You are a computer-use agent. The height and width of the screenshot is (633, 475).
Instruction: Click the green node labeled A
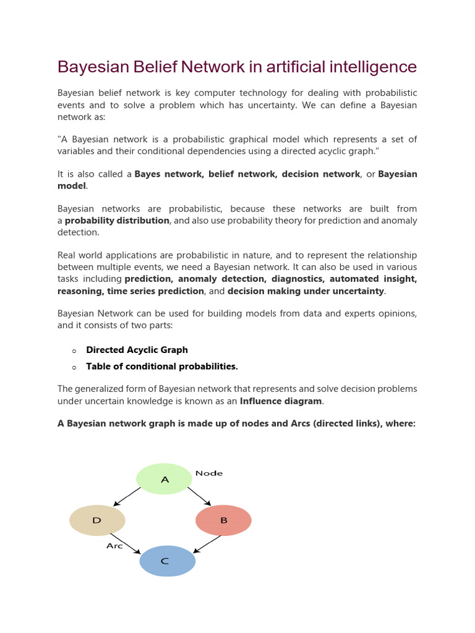click(x=164, y=479)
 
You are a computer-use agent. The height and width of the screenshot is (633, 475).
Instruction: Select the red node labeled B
click(x=223, y=520)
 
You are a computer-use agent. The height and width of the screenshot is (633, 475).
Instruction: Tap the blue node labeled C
click(x=167, y=561)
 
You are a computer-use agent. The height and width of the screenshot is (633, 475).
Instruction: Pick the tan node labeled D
click(x=97, y=520)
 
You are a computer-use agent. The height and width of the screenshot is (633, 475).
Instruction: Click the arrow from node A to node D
click(x=127, y=496)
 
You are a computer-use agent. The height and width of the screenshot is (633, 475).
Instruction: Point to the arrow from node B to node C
click(x=207, y=544)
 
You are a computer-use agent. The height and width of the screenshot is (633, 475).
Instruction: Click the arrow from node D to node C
click(x=126, y=543)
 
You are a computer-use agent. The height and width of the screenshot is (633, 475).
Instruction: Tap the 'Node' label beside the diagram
click(x=209, y=473)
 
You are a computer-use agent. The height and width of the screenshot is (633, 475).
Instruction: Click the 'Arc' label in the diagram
click(x=114, y=546)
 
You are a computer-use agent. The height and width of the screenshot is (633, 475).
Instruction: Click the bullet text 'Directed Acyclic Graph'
click(x=137, y=350)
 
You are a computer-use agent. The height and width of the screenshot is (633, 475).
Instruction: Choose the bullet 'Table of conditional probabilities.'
click(x=162, y=367)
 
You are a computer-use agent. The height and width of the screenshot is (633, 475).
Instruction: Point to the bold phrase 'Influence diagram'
click(x=281, y=401)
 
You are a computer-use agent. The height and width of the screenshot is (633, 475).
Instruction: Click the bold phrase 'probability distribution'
click(x=117, y=221)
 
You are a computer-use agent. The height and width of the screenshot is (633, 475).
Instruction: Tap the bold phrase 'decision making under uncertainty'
click(x=306, y=291)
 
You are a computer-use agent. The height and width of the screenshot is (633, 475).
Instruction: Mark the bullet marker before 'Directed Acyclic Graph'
click(x=74, y=350)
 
